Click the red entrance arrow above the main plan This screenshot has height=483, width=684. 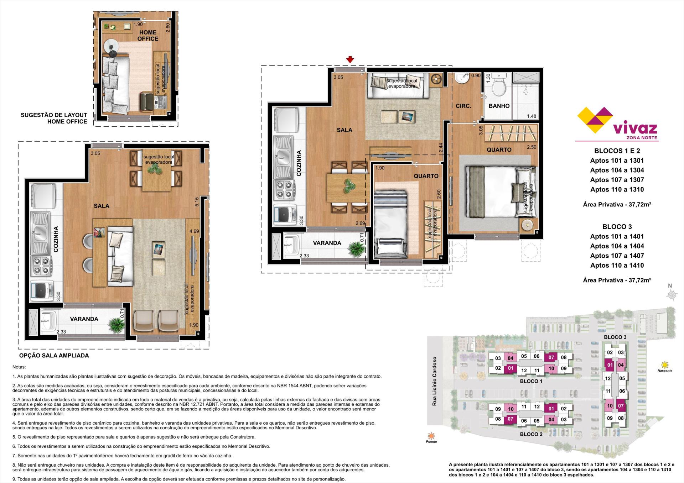[350, 59]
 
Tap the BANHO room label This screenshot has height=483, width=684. [499, 106]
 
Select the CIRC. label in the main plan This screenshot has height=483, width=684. [463, 106]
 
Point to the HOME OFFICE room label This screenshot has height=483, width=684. [148, 36]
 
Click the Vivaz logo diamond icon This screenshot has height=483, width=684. [595, 120]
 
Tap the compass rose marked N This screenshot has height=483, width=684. [672, 294]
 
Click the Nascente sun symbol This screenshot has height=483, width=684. [664, 365]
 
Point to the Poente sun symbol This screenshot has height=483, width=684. [431, 436]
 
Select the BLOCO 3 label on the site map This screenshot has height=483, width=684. [615, 337]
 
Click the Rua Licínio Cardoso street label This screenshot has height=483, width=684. [434, 381]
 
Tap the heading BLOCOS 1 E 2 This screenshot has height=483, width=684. [617, 151]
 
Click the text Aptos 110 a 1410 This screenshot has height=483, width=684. [617, 265]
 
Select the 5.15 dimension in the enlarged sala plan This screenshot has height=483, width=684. [197, 202]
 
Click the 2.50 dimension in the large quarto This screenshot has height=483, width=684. [532, 147]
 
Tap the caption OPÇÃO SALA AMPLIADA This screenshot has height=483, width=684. [54, 356]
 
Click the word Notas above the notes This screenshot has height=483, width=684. [19, 367]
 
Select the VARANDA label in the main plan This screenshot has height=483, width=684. [327, 243]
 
